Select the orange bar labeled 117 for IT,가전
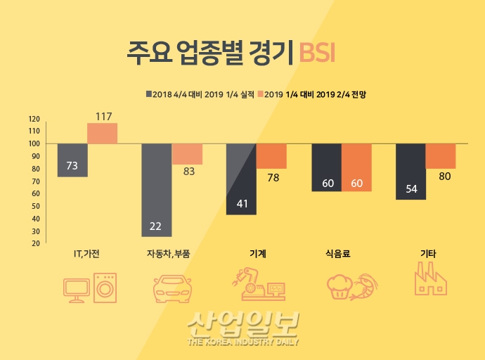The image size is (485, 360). coord(102,133)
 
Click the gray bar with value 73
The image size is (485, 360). coord(72,160)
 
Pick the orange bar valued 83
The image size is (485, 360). coord(187,153)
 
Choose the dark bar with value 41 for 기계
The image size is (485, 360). coord(241,179)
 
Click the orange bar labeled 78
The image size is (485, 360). coord(271,156)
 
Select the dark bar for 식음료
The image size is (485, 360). coord(326,167)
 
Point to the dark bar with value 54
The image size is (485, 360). coord(410,172)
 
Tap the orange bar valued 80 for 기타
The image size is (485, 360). coord(441,156)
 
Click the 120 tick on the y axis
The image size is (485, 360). coord(34,119)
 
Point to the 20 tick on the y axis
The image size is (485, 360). coord(34,243)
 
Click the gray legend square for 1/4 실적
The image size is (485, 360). coord(148,94)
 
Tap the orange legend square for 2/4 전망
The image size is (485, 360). coord(259,94)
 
